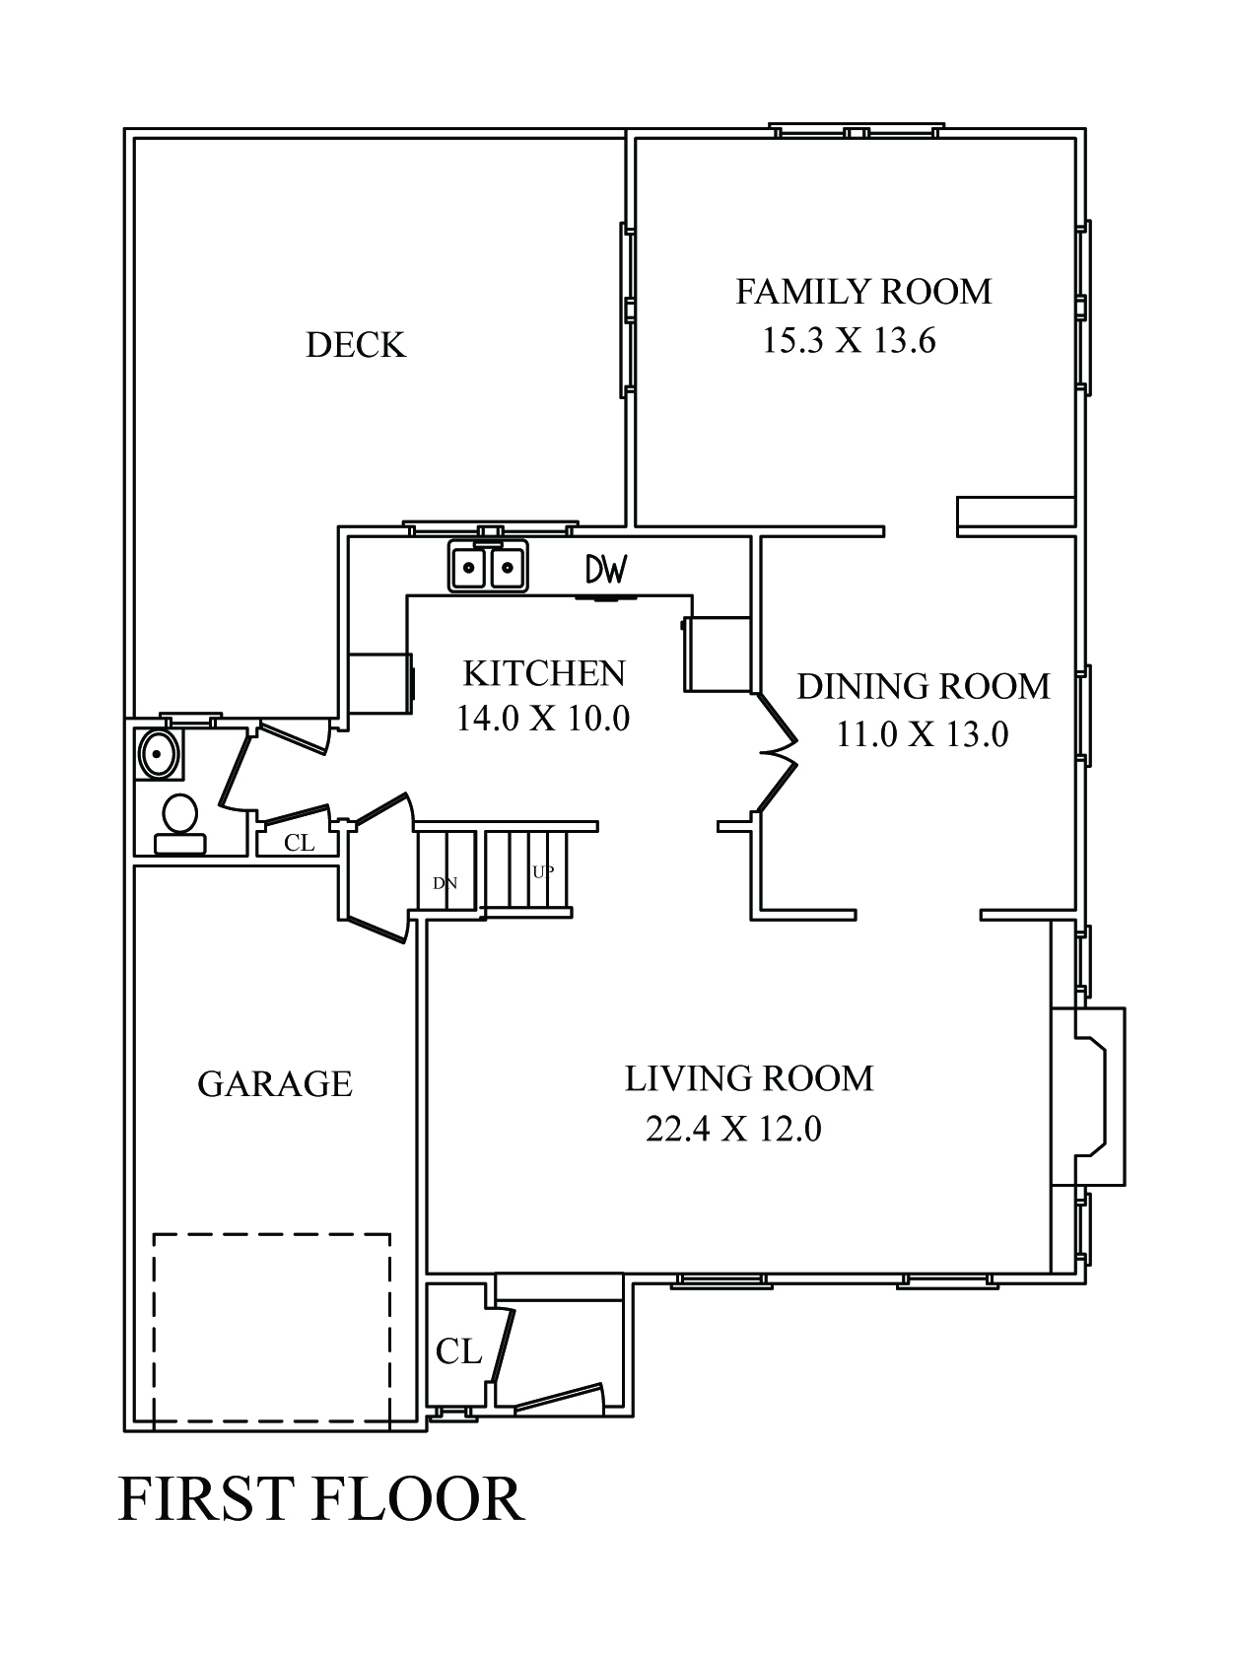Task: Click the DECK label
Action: pyautogui.click(x=356, y=345)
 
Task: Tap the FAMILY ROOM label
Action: pyautogui.click(x=863, y=292)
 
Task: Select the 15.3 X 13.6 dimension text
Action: pyautogui.click(x=849, y=341)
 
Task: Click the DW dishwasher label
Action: pyautogui.click(x=606, y=569)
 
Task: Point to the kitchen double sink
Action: pyautogui.click(x=488, y=566)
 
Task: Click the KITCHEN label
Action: pyautogui.click(x=544, y=673)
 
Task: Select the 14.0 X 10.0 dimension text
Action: pyautogui.click(x=542, y=719)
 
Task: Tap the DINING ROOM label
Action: pyautogui.click(x=924, y=686)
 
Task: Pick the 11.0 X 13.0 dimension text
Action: pyautogui.click(x=923, y=734)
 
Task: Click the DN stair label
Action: pyautogui.click(x=446, y=883)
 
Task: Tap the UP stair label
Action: pyautogui.click(x=543, y=872)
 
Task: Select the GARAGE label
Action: pyautogui.click(x=275, y=1084)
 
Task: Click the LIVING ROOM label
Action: pyautogui.click(x=749, y=1078)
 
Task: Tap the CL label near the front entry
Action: pyautogui.click(x=458, y=1351)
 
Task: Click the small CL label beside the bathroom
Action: pyautogui.click(x=299, y=843)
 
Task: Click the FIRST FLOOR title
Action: pyautogui.click(x=321, y=1500)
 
